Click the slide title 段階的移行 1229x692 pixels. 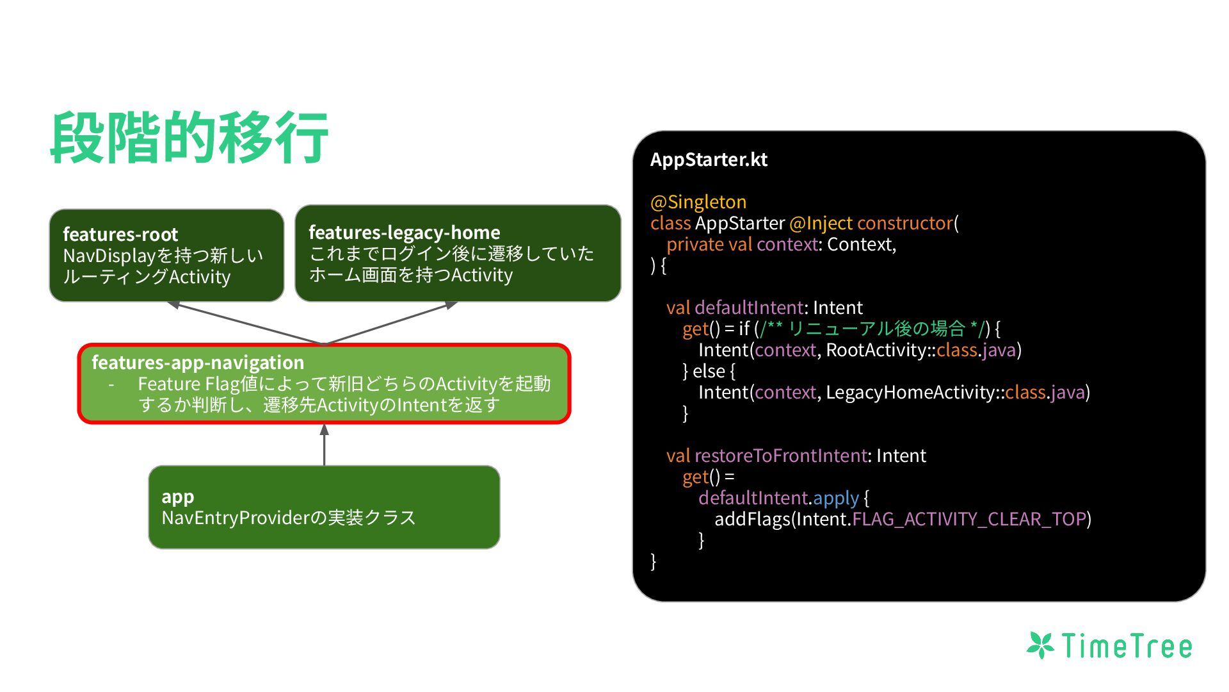[189, 138]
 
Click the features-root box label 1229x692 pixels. [120, 235]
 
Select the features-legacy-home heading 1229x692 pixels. [404, 233]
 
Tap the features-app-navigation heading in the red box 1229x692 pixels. [198, 363]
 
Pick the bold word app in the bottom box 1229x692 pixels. [177, 497]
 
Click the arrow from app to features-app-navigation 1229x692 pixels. [325, 445]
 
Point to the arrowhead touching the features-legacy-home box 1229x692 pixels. [451, 305]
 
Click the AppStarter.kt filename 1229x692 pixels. [709, 160]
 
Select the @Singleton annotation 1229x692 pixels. [698, 202]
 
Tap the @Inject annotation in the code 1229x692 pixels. [821, 223]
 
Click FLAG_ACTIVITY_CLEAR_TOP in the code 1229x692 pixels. [969, 519]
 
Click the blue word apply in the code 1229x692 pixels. [836, 498]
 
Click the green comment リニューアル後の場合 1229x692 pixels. [876, 329]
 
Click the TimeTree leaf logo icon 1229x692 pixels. [1040, 645]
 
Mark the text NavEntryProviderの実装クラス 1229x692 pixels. [289, 518]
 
